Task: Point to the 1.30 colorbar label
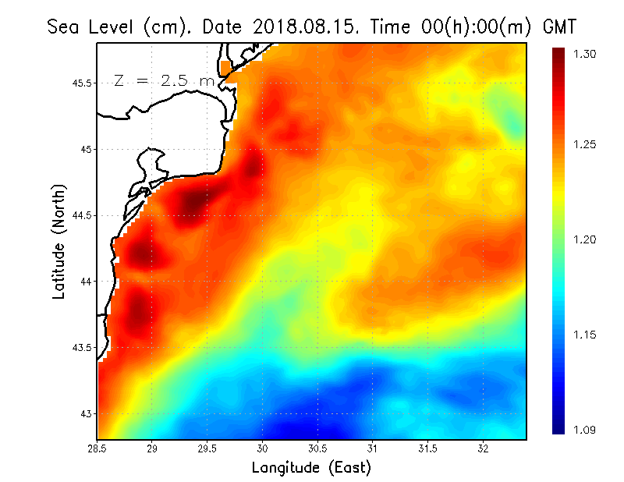click(x=585, y=54)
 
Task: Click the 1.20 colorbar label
click(x=585, y=239)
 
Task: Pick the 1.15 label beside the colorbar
click(x=585, y=335)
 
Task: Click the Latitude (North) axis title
click(x=58, y=241)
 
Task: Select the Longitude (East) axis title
click(x=311, y=468)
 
